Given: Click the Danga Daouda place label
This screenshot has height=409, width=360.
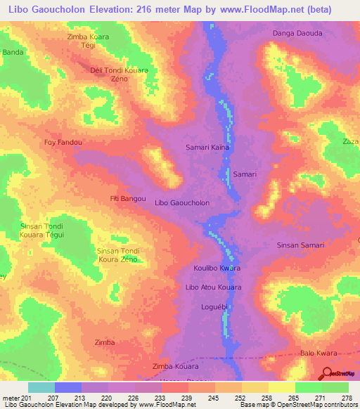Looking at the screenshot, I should (x=297, y=34).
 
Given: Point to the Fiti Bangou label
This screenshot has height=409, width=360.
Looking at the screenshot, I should (x=128, y=199).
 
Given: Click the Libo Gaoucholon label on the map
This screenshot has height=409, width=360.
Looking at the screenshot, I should (x=182, y=202).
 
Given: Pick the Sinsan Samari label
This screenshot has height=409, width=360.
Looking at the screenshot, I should (x=300, y=245).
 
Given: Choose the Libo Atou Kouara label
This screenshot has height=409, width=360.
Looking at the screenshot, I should (x=213, y=287).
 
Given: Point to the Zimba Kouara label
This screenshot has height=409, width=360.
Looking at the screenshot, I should (x=175, y=367).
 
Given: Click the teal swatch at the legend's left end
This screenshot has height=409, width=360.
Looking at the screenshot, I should (x=41, y=387).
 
